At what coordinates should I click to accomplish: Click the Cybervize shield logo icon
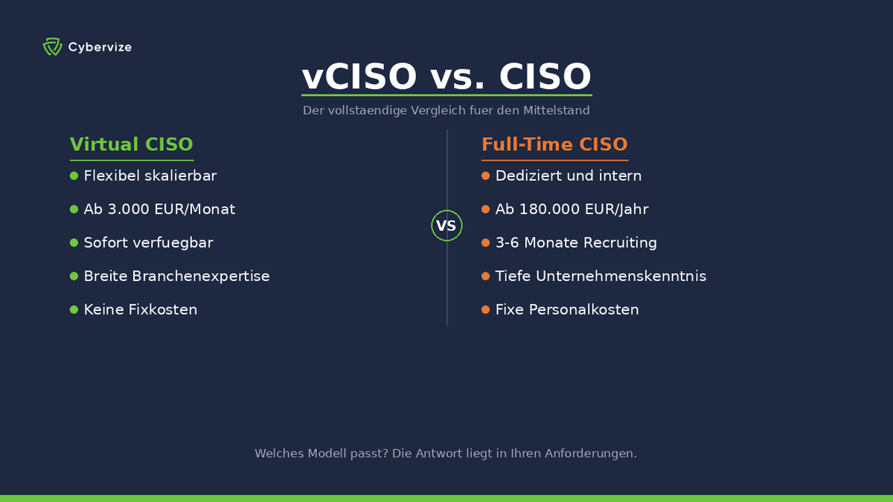click(51, 47)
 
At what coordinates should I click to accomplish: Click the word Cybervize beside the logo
click(100, 48)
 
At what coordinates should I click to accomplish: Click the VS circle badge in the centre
click(446, 225)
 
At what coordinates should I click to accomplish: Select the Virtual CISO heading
click(132, 144)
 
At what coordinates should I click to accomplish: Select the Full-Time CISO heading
click(554, 144)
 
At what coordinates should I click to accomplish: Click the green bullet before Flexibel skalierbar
click(74, 176)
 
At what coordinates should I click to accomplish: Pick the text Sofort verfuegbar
click(149, 243)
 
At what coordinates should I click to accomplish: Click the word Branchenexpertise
click(201, 277)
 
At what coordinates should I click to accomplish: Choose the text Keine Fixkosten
click(141, 310)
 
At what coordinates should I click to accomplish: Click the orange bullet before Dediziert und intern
click(485, 176)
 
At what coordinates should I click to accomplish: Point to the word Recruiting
click(620, 243)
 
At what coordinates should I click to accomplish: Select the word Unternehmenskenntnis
click(620, 277)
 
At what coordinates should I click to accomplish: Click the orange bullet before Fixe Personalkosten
click(485, 310)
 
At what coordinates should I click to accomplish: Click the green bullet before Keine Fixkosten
click(74, 310)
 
